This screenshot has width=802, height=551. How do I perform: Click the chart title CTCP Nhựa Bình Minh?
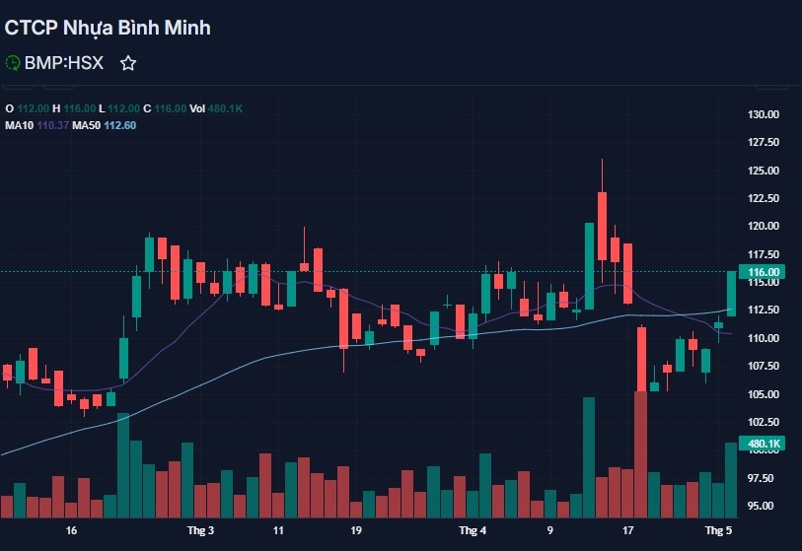pos(108,28)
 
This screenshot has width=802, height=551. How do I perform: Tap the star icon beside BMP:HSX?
pos(127,63)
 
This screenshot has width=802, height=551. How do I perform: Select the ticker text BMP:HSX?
pos(64,63)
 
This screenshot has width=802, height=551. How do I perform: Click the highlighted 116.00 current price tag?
pos(765,271)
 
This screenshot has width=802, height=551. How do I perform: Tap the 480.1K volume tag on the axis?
pos(765,444)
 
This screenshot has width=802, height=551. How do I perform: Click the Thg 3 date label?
pos(200,530)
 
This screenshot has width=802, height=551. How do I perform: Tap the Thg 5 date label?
pos(717,530)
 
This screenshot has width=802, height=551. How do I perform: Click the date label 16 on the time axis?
pos(71,530)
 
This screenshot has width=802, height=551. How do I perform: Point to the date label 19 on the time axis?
pos(355,530)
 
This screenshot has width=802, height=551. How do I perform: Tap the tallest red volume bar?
pos(641,453)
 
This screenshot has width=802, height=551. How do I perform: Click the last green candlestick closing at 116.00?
pos(732,294)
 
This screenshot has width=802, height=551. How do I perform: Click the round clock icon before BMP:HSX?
pos(13,63)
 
